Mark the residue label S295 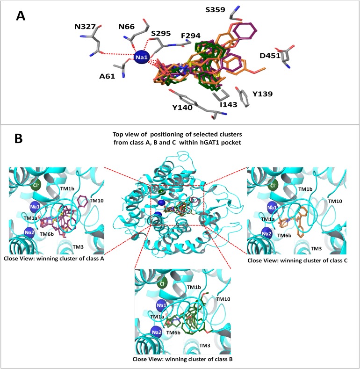coord(160,33)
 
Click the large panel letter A coord(21,16)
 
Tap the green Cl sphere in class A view coord(35,186)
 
